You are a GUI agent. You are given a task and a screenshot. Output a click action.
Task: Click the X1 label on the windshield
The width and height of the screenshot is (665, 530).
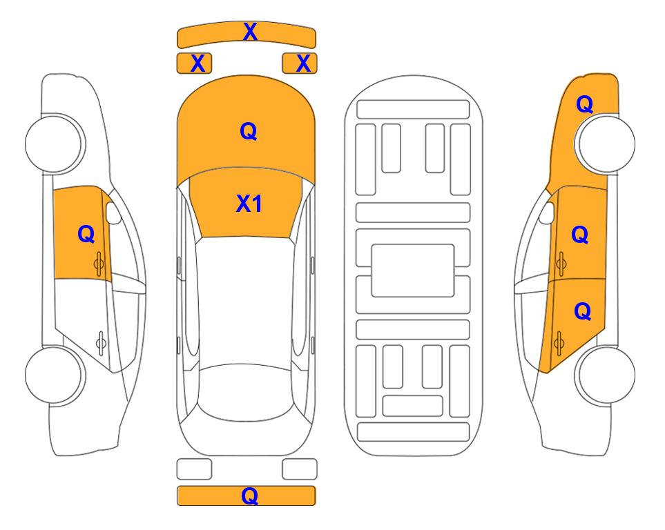coord(249,204)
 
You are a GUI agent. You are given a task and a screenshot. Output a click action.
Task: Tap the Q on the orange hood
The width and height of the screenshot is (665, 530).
coord(249,131)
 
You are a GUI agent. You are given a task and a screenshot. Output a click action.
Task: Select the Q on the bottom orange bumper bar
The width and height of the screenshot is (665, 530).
coord(250,495)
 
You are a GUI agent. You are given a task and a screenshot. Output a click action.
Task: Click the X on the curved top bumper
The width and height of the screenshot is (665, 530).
coord(250,32)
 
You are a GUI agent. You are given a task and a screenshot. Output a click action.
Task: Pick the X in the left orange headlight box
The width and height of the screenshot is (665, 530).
coord(197,63)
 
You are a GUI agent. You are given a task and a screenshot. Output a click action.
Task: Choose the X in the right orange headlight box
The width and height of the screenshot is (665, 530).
coord(303,63)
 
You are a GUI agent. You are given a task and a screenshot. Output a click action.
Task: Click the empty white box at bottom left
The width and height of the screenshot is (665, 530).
coord(194,469)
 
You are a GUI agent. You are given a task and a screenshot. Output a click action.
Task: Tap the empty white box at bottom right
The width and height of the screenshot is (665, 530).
coord(300,469)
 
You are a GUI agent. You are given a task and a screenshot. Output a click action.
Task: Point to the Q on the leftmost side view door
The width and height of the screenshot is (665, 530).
coord(86,234)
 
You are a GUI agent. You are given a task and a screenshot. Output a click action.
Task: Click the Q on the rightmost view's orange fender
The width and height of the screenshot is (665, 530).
coord(584,104)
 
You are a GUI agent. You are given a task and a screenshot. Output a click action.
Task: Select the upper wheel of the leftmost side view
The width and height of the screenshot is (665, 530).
coord(55,144)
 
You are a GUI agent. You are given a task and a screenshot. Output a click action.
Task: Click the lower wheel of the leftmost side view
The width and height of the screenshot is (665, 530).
coord(55,375)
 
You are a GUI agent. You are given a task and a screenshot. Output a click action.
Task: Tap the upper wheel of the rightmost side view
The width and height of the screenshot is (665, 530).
coord(606,144)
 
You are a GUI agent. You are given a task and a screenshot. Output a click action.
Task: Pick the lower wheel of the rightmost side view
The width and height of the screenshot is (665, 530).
coord(606,375)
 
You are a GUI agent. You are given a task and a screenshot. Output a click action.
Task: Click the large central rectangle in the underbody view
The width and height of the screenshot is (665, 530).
coord(413,271)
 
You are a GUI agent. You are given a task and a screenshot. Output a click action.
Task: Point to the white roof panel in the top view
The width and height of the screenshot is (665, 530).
coord(246,301)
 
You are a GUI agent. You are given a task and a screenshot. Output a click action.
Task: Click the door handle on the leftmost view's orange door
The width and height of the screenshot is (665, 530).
coord(99,264)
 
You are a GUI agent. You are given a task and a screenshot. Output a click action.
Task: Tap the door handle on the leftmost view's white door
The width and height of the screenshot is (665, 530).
coord(101,342)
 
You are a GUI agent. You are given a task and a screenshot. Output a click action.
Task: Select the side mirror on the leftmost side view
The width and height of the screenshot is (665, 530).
coord(113,213)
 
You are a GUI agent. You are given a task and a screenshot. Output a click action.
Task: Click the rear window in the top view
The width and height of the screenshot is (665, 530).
coord(247,392)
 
